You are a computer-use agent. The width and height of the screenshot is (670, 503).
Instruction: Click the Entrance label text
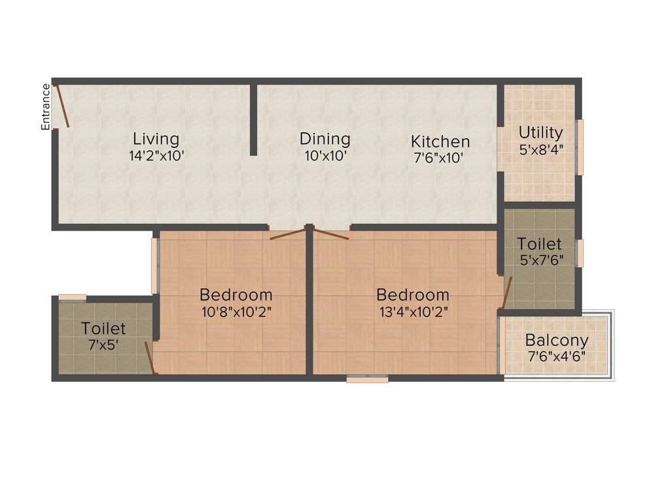pyautogui.click(x=46, y=107)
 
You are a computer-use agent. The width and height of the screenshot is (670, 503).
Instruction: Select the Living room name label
pyautogui.click(x=156, y=139)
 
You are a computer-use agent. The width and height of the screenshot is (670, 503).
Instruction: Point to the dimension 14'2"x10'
pyautogui.click(x=156, y=156)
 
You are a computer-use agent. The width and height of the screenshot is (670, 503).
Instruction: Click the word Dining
pyautogui.click(x=325, y=139)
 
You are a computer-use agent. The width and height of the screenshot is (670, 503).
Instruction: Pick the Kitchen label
pyautogui.click(x=440, y=141)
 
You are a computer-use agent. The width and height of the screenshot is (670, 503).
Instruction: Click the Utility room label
pyautogui.click(x=540, y=132)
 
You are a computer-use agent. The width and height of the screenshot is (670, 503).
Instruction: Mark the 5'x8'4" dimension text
pyautogui.click(x=540, y=149)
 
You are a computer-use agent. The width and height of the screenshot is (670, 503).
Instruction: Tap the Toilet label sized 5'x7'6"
pyautogui.click(x=539, y=244)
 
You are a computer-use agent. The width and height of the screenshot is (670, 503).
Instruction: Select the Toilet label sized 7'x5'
pyautogui.click(x=103, y=327)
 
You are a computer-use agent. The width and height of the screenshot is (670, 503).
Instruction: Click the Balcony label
pyautogui.click(x=557, y=341)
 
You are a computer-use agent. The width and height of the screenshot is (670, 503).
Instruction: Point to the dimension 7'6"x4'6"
pyautogui.click(x=557, y=356)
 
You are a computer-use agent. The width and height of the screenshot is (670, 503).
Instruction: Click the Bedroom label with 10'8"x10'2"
pyautogui.click(x=236, y=295)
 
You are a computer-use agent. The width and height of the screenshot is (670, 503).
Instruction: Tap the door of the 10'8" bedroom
pyautogui.click(x=287, y=234)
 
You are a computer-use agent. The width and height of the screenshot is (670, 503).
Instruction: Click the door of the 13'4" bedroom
pyautogui.click(x=331, y=234)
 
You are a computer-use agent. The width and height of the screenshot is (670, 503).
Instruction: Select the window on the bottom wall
pyautogui.click(x=367, y=378)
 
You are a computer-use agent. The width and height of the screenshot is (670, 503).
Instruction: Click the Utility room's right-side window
pyautogui.click(x=579, y=147)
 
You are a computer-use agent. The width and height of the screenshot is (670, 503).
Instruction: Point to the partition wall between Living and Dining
pyautogui.click(x=253, y=119)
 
